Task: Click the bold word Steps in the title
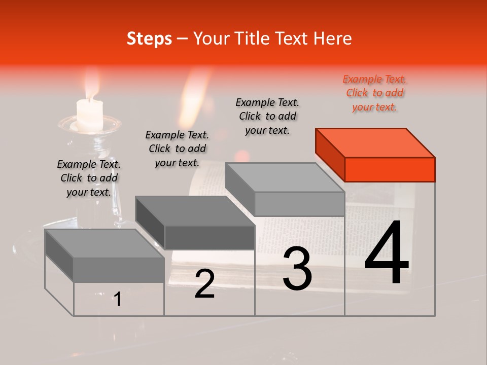(149, 39)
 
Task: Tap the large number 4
(387, 254)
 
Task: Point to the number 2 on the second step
(204, 284)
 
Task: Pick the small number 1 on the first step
(117, 300)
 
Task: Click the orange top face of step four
(374, 142)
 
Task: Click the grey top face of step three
(284, 177)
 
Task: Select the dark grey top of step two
(194, 210)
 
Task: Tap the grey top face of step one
(105, 243)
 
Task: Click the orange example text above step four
(374, 93)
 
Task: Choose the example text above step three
(267, 117)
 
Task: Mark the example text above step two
(177, 149)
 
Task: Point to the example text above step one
(89, 178)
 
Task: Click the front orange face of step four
(390, 169)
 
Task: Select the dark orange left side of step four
(330, 152)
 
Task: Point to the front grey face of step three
(299, 204)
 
